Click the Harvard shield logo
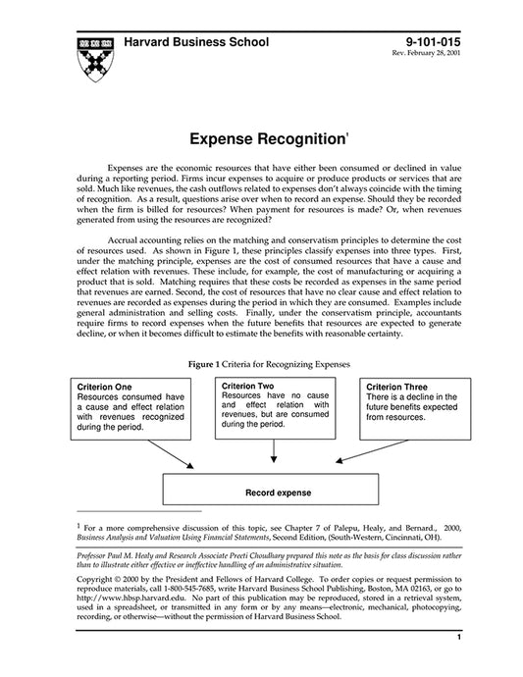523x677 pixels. click(x=93, y=60)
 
